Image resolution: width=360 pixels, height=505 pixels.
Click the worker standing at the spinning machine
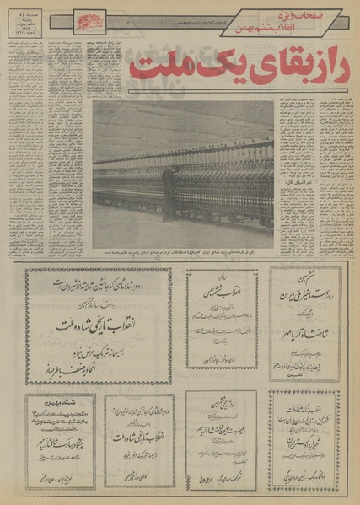(x=169, y=194)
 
